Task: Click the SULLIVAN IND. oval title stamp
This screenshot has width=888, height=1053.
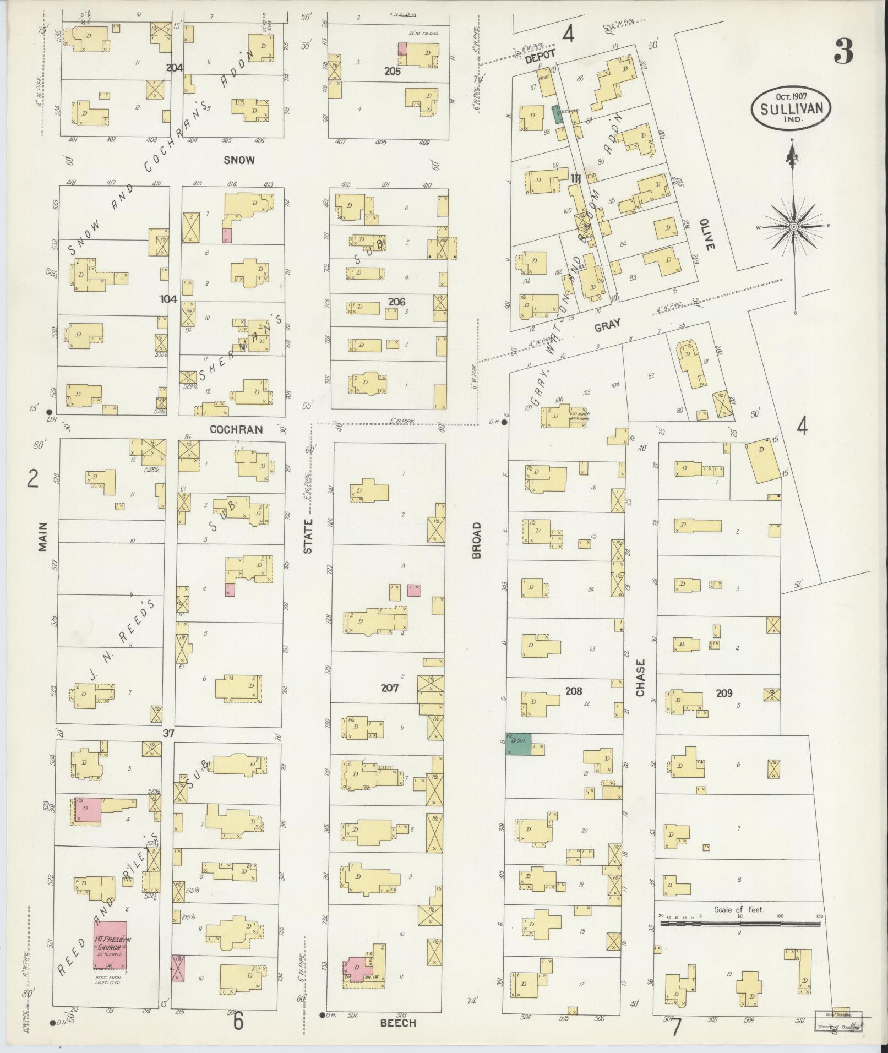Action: (x=791, y=108)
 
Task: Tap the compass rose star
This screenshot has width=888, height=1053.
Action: (x=794, y=226)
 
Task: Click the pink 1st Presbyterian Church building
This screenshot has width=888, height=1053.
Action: (x=110, y=945)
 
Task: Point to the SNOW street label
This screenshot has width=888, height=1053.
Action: (x=239, y=160)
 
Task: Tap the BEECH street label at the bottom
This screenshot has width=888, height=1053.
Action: (x=397, y=1023)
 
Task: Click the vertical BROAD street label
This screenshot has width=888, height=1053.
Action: (x=477, y=541)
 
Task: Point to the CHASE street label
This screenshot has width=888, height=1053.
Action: (x=640, y=678)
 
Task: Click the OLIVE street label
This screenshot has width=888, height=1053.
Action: (x=707, y=234)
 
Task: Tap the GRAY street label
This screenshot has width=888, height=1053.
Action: (x=608, y=325)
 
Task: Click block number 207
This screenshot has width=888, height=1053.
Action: (x=389, y=688)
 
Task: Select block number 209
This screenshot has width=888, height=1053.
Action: (x=724, y=693)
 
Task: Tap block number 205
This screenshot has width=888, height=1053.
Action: (x=393, y=71)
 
